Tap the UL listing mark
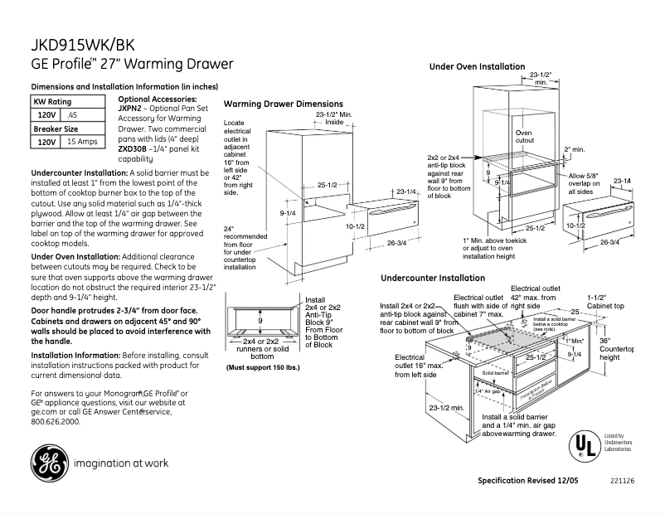(x=584, y=446)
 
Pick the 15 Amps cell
(x=82, y=142)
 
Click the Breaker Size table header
(x=56, y=128)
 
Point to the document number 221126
(x=622, y=481)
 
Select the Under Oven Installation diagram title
(x=477, y=66)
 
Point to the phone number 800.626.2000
(x=56, y=421)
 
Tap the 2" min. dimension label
(x=574, y=149)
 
